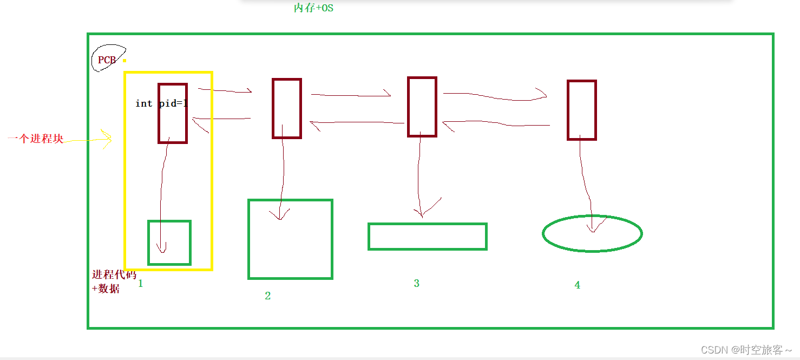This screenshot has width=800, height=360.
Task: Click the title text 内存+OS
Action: pyautogui.click(x=313, y=8)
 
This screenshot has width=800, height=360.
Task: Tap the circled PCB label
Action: pyautogui.click(x=107, y=60)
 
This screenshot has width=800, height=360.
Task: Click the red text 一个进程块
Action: pyautogui.click(x=36, y=139)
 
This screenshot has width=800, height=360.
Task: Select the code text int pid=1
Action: pyautogui.click(x=161, y=103)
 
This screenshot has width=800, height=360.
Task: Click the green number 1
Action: pyautogui.click(x=140, y=283)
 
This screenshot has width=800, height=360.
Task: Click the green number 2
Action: pyautogui.click(x=267, y=296)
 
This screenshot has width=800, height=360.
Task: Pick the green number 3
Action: pyautogui.click(x=416, y=283)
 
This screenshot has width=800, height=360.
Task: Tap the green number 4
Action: pyautogui.click(x=577, y=285)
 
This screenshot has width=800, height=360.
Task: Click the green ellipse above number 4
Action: pyautogui.click(x=592, y=233)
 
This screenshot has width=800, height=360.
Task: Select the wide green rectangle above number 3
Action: pyautogui.click(x=428, y=237)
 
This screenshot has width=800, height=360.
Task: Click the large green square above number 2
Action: pyautogui.click(x=290, y=239)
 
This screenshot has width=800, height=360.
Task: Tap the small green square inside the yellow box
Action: pyautogui.click(x=169, y=243)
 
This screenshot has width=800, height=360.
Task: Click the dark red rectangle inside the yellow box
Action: pyautogui.click(x=173, y=113)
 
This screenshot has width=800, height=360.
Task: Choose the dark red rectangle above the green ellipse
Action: pyautogui.click(x=582, y=110)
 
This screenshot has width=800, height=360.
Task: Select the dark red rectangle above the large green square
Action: pyautogui.click(x=287, y=108)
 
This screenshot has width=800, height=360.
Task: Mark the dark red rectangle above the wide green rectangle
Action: pyautogui.click(x=422, y=107)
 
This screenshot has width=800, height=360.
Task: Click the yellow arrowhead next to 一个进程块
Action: pyautogui.click(x=107, y=138)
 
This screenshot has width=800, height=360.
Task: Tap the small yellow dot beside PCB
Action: pyautogui.click(x=124, y=61)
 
